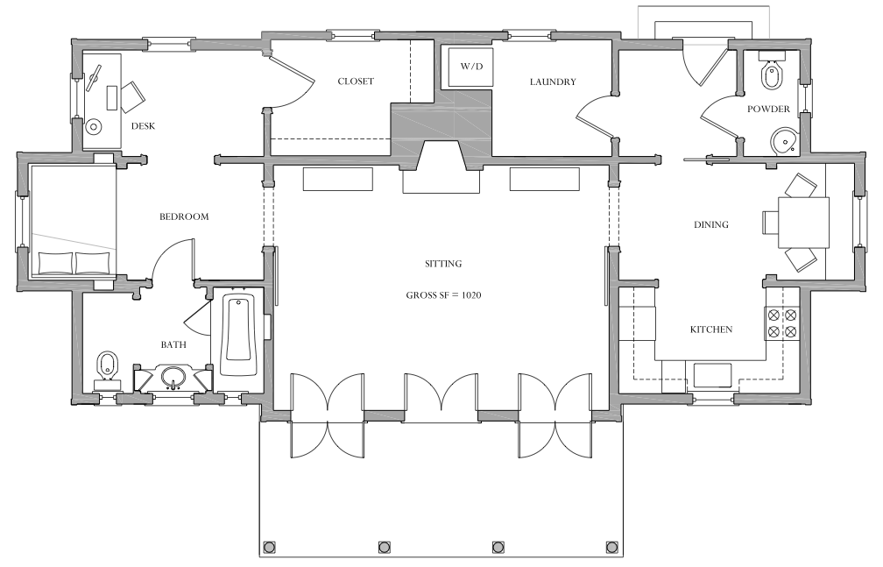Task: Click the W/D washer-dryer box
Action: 470,67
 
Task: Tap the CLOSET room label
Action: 356,82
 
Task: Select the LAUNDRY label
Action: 553,82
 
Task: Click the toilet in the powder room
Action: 772,71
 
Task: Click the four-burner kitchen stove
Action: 781,323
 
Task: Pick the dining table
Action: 803,223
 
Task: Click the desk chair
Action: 132,96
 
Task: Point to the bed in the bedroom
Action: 74,220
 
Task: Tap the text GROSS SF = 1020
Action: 443,294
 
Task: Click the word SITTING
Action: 443,263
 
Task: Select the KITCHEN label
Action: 711,330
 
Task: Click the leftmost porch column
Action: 269,547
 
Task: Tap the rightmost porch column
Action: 612,547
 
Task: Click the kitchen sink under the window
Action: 712,376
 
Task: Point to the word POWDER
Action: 768,109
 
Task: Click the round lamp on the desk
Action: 94,126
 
